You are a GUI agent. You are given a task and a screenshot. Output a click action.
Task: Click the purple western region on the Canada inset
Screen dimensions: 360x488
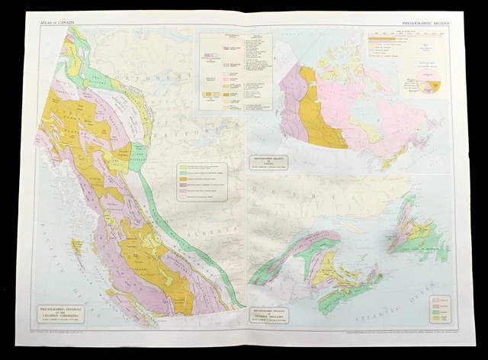click(x=293, y=103)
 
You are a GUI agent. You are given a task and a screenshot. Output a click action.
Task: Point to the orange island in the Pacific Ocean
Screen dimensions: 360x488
click(x=76, y=246)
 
